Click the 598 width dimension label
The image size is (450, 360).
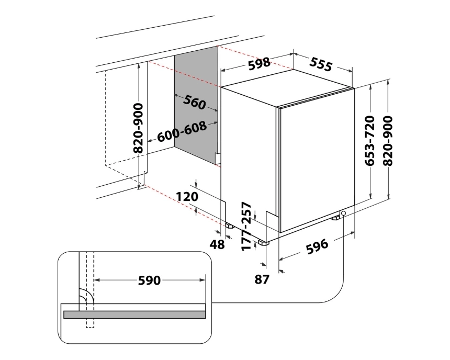coord(259,63)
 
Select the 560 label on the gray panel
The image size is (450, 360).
coord(194,103)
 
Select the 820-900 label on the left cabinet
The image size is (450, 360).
coord(138,128)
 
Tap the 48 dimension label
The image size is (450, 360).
coord(218,244)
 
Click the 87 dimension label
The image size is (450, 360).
coord(262,279)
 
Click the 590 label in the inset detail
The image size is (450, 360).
coord(149,280)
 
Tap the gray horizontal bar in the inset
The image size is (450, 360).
coord(134,314)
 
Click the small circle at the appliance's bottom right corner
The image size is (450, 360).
coord(343,213)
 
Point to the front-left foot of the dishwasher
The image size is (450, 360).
coord(263,243)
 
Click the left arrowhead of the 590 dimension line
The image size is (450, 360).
coord(98,280)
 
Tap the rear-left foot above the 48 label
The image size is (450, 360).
coord(229,226)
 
